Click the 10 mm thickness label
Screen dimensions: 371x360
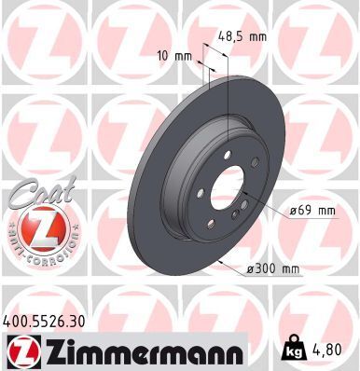click(x=174, y=56)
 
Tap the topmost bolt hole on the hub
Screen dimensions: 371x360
click(x=227, y=154)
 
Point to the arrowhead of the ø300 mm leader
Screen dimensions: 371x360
click(x=215, y=263)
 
